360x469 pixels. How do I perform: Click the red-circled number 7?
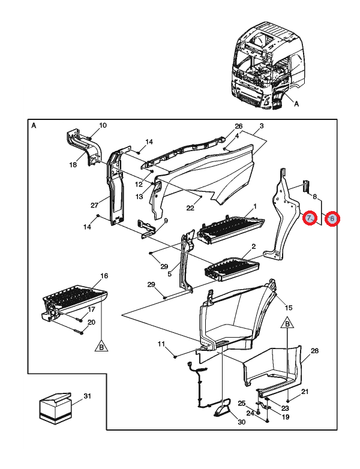tap(309, 218)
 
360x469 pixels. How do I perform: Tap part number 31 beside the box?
tap(86, 396)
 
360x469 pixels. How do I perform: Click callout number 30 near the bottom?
tap(242, 422)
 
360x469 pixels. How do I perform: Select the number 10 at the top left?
tap(103, 125)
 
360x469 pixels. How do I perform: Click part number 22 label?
tap(190, 208)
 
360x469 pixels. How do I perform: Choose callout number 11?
tap(161, 344)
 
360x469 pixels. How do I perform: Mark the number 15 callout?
tap(288, 307)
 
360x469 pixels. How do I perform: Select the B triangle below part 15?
tap(287, 324)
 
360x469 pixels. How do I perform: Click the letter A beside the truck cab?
tap(296, 103)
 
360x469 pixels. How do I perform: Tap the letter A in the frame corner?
tap(34, 126)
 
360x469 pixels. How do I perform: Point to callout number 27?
tap(94, 205)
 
